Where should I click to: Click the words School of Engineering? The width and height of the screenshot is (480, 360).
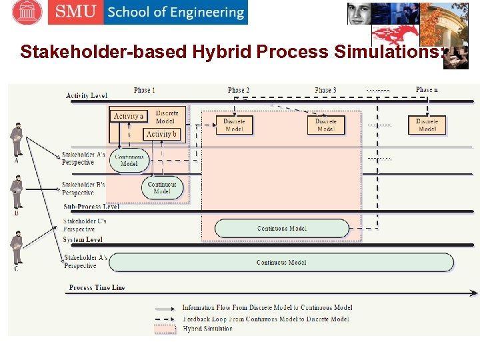pyautogui.click(x=175, y=13)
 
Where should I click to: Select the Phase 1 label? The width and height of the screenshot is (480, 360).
pyautogui.click(x=144, y=90)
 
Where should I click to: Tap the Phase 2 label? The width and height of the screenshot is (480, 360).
pyautogui.click(x=239, y=90)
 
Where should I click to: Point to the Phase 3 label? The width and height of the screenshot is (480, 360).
pyautogui.click(x=325, y=90)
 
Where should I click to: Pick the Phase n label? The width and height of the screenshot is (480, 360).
pyautogui.click(x=427, y=90)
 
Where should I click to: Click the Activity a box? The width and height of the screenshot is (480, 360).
pyautogui.click(x=128, y=116)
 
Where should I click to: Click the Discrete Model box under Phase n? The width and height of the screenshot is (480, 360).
pyautogui.click(x=427, y=125)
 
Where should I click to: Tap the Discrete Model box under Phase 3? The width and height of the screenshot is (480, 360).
pyautogui.click(x=326, y=125)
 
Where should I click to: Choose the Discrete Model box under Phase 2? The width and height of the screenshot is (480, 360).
pyautogui.click(x=234, y=125)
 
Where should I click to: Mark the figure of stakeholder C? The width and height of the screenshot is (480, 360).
pyautogui.click(x=17, y=247)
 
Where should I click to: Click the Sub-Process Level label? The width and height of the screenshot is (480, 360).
pyautogui.click(x=91, y=207)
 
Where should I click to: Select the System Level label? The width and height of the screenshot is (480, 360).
pyautogui.click(x=83, y=239)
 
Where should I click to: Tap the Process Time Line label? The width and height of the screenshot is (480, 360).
pyautogui.click(x=97, y=288)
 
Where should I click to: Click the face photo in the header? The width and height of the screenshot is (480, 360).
pyautogui.click(x=359, y=13)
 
